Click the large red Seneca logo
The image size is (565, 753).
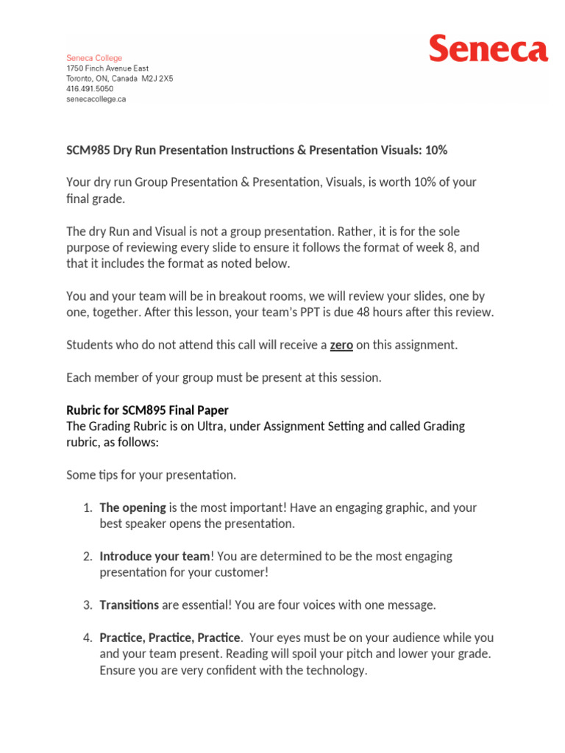click(488, 50)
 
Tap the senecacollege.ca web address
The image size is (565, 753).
click(96, 99)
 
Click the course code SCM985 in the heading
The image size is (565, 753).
click(88, 150)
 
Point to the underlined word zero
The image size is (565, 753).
click(341, 345)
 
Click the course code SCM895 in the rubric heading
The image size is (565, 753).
click(146, 410)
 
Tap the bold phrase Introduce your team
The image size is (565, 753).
click(154, 557)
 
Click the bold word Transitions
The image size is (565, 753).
click(129, 605)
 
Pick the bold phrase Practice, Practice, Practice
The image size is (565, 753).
click(170, 638)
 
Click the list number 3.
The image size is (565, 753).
click(86, 605)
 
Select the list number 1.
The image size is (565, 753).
click(86, 507)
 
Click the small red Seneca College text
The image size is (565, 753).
click(94, 58)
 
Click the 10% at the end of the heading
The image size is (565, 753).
click(433, 150)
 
